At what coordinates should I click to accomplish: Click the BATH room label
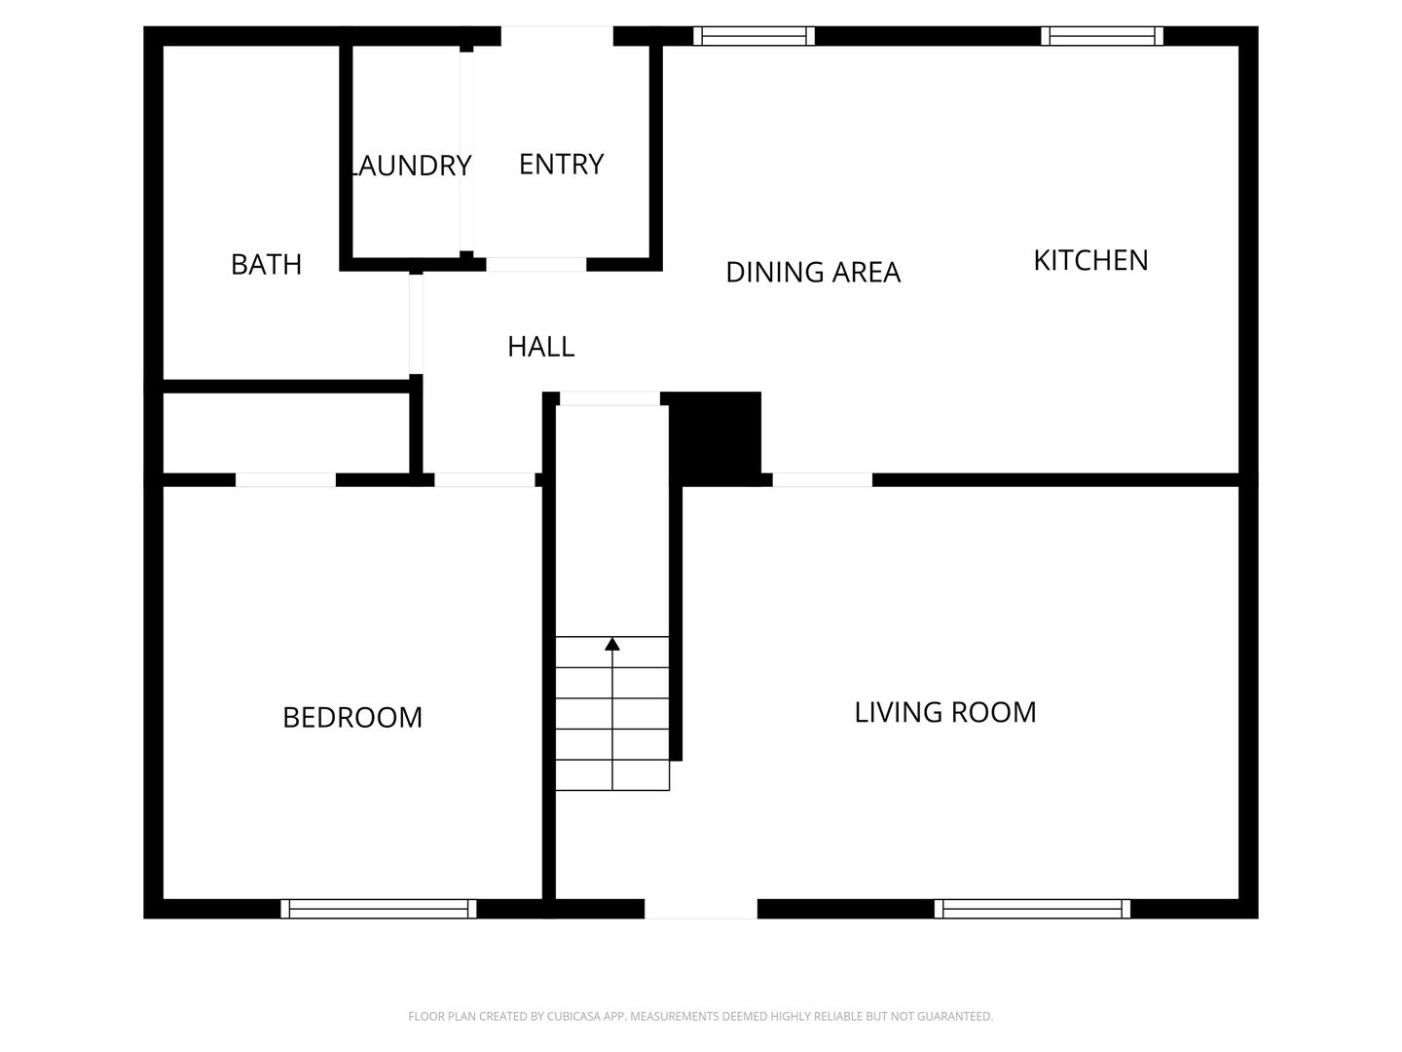[x=266, y=264]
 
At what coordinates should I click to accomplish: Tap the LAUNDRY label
[x=411, y=166]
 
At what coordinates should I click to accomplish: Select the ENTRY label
[x=561, y=165]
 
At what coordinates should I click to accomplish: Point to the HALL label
[x=541, y=347]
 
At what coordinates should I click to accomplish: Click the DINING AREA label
[x=813, y=272]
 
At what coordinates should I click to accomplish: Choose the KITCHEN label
[x=1091, y=261]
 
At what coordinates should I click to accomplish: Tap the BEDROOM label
[x=352, y=717]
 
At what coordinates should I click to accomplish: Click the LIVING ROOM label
[x=945, y=712]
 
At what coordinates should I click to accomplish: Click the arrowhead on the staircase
[x=611, y=644]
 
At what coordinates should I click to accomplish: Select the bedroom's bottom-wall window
[x=379, y=909]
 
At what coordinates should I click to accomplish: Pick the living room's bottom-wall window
[x=1032, y=909]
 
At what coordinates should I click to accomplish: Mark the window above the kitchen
[x=1102, y=36]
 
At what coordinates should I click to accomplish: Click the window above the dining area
[x=754, y=36]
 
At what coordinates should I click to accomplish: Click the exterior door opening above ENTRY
[x=557, y=36]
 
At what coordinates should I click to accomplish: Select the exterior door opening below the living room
[x=701, y=909]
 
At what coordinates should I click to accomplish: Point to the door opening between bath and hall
[x=416, y=323]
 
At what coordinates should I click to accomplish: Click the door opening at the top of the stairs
[x=610, y=398]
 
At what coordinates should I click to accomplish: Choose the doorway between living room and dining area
[x=823, y=479]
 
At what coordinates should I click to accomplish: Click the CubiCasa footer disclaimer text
[x=701, y=1016]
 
